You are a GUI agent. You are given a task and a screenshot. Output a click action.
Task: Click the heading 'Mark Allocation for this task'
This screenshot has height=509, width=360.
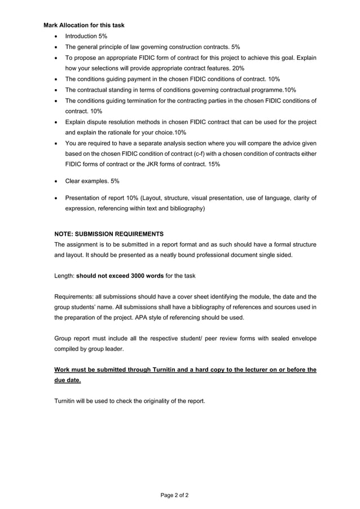click(x=84, y=25)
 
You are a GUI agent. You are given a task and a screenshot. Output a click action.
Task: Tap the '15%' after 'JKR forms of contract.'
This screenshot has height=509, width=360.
click(x=214, y=164)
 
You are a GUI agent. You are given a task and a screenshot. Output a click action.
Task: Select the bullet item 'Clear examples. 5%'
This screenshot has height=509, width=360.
click(x=92, y=181)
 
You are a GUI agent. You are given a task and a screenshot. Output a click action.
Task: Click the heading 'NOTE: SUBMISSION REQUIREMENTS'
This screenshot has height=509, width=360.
click(x=109, y=234)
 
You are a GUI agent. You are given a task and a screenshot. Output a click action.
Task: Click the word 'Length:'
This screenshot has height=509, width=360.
click(x=64, y=275)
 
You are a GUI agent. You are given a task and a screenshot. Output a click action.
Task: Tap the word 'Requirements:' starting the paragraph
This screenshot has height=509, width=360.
click(x=73, y=297)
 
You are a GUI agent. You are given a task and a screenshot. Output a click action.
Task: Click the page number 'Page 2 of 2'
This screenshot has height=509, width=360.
click(x=174, y=495)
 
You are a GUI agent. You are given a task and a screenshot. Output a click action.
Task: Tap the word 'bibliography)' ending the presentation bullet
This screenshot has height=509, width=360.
click(x=187, y=208)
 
